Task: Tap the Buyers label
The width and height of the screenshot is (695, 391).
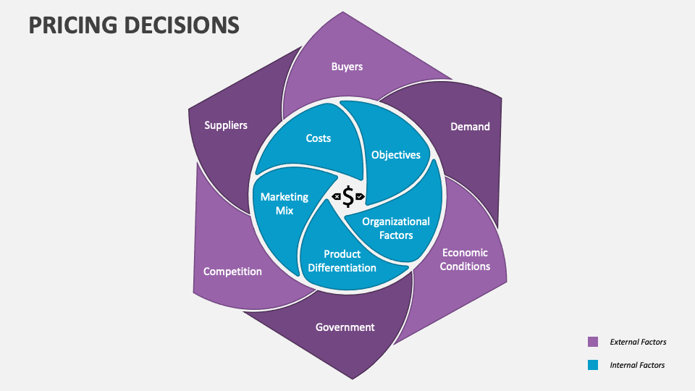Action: click(347, 67)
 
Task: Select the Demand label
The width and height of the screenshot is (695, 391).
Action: click(470, 127)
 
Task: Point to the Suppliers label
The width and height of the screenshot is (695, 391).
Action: click(226, 125)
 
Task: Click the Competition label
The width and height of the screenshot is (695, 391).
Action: click(232, 272)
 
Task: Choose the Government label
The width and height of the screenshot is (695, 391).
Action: click(345, 327)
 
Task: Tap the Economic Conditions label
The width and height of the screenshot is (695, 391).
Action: click(466, 259)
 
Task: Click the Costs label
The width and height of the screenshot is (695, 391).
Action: click(319, 138)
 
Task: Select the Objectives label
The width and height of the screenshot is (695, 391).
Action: click(396, 155)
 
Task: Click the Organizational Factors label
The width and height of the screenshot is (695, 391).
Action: click(396, 228)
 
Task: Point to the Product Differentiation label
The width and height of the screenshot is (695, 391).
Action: click(342, 261)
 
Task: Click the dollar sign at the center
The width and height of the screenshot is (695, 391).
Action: click(348, 196)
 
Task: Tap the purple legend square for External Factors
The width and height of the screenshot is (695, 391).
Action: click(593, 342)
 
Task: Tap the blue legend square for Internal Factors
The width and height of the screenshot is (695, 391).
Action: click(593, 365)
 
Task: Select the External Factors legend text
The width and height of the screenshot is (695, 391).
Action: click(638, 342)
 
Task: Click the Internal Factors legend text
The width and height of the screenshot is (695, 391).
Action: click(637, 365)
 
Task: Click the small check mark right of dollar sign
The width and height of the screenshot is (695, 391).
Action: click(360, 196)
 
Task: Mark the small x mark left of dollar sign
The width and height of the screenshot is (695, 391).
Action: click(337, 196)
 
